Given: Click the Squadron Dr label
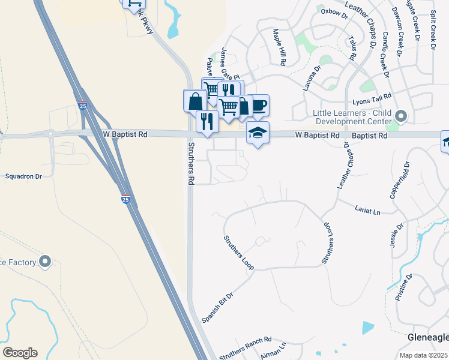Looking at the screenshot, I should (x=23, y=176).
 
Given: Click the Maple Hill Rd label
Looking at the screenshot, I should (x=279, y=47).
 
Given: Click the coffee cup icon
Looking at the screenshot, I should (x=259, y=106).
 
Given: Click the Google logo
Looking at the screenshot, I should (x=20, y=353).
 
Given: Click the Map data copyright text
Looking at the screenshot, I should (x=423, y=355).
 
